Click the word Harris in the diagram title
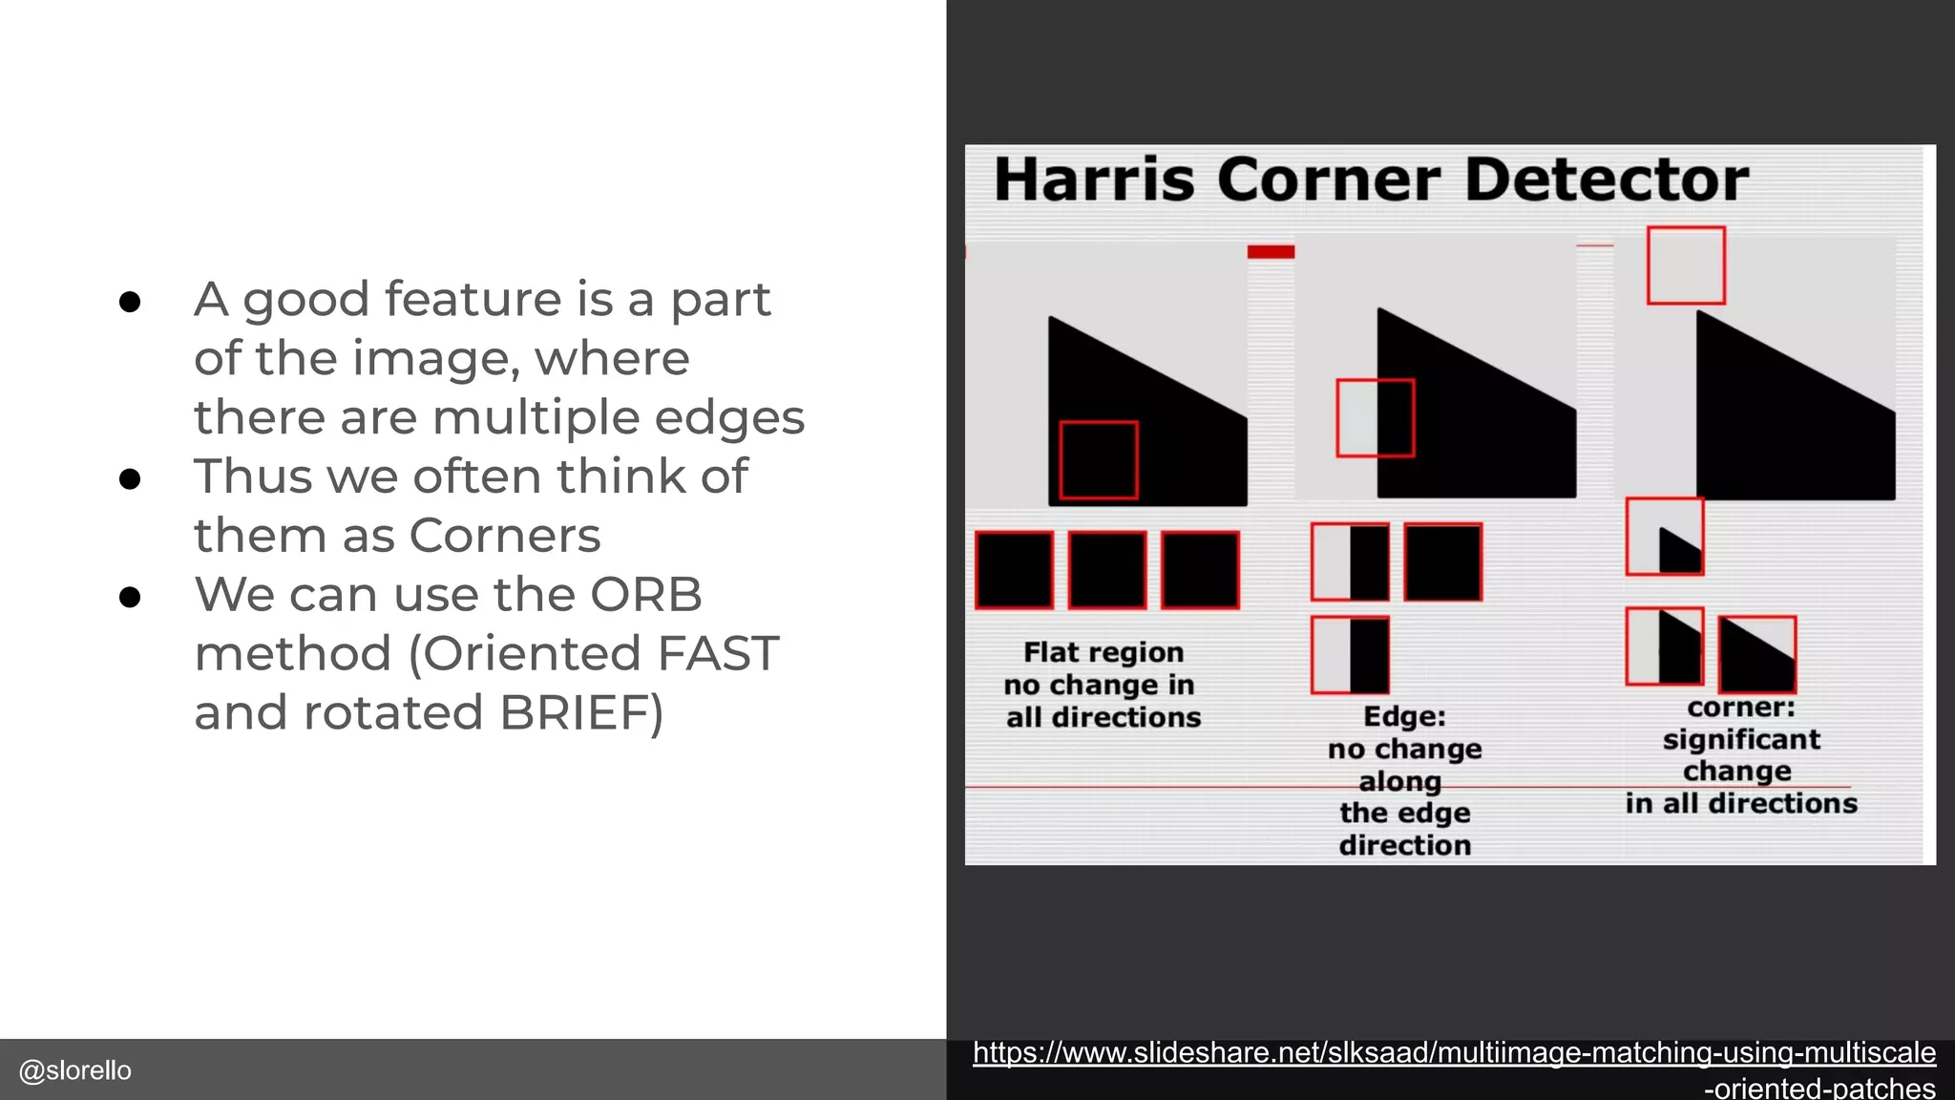[x=1094, y=180]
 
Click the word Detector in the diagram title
[x=1606, y=180]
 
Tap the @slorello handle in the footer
[x=75, y=1070]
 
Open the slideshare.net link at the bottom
[x=1454, y=1053]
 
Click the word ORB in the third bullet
[x=645, y=594]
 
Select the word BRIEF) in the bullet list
[x=580, y=712]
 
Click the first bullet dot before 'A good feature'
[x=130, y=303]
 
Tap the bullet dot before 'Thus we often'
[x=130, y=479]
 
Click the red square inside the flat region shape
[x=1099, y=460]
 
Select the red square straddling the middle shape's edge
[x=1375, y=418]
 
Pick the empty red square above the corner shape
[x=1686, y=265]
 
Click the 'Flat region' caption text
[x=1104, y=652]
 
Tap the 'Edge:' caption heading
[x=1404, y=716]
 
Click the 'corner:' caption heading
[x=1740, y=708]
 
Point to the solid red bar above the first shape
[x=1271, y=252]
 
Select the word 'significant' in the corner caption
[x=1741, y=740]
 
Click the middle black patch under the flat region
[x=1107, y=570]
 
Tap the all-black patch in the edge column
[x=1442, y=561]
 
